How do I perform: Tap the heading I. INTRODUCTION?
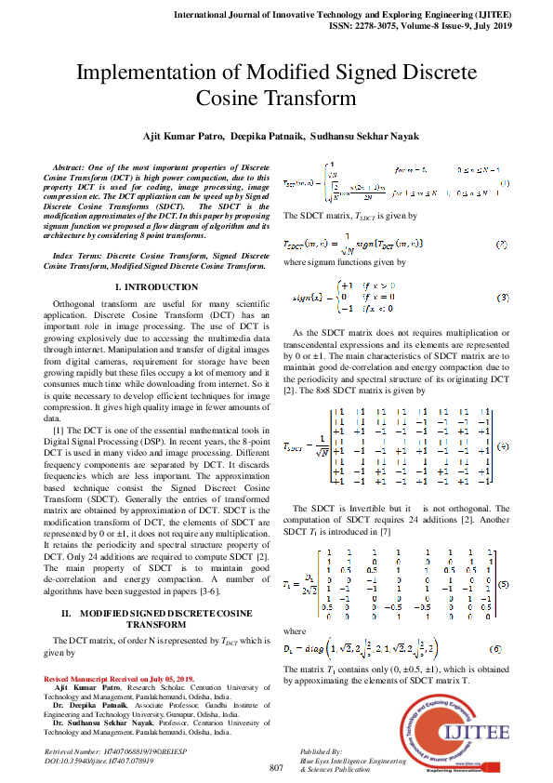(x=155, y=287)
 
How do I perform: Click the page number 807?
(x=276, y=768)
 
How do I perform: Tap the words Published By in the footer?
(x=323, y=750)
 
